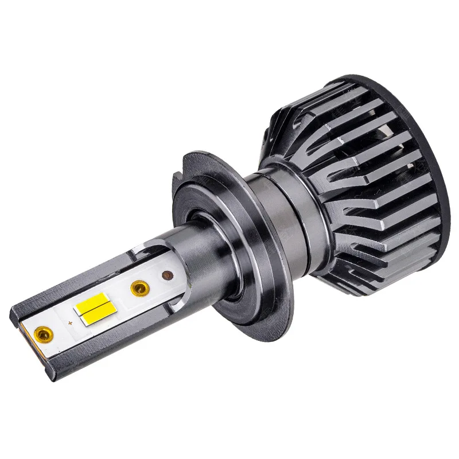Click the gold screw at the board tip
point(44,332)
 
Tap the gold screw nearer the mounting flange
point(139,287)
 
